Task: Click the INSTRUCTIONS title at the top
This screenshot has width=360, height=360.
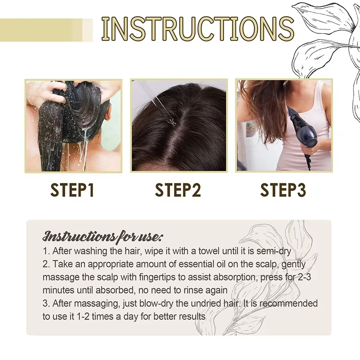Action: pos(198,28)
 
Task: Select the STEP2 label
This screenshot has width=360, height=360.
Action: pos(178,189)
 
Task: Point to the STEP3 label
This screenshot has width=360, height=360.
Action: pos(284,189)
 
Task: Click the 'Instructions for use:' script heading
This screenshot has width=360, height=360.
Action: pos(103,236)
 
